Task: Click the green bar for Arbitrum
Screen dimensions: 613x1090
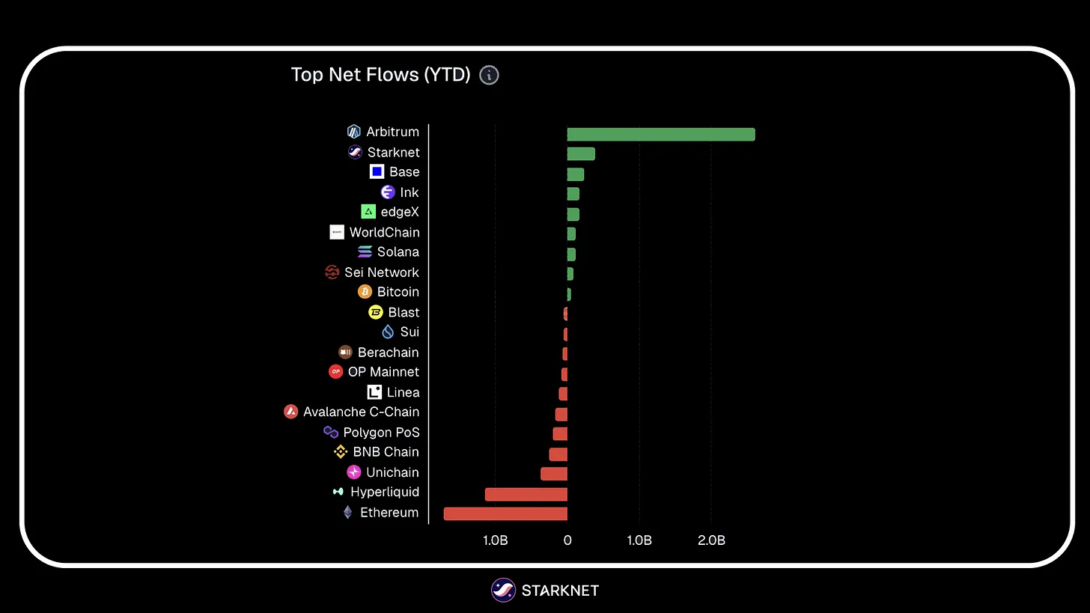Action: (660, 134)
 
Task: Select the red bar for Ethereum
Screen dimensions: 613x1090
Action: (505, 513)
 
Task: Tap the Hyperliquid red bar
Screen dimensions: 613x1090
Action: (526, 494)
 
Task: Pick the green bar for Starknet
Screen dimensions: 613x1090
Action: (581, 153)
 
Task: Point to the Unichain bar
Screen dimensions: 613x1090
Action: (554, 474)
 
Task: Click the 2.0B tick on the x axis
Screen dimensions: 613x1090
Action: (710, 540)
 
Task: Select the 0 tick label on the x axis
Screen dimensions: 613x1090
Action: (567, 540)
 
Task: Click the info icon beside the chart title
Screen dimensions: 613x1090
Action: (489, 75)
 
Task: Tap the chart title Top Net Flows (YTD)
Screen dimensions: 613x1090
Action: (380, 75)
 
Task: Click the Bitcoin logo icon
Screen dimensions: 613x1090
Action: (365, 292)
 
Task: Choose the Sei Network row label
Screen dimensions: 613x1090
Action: (382, 272)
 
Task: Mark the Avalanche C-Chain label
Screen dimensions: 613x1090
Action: (361, 412)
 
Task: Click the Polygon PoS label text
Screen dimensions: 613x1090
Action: (381, 432)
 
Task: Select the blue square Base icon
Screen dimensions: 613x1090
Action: (377, 172)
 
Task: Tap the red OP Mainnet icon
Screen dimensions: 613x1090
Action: (335, 372)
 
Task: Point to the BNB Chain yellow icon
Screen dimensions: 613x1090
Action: (341, 452)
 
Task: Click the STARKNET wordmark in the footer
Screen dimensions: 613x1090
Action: (560, 591)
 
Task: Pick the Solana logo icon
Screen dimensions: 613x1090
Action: (365, 252)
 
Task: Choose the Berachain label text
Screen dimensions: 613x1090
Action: (388, 352)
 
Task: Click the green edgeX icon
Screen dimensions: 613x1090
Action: (368, 212)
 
